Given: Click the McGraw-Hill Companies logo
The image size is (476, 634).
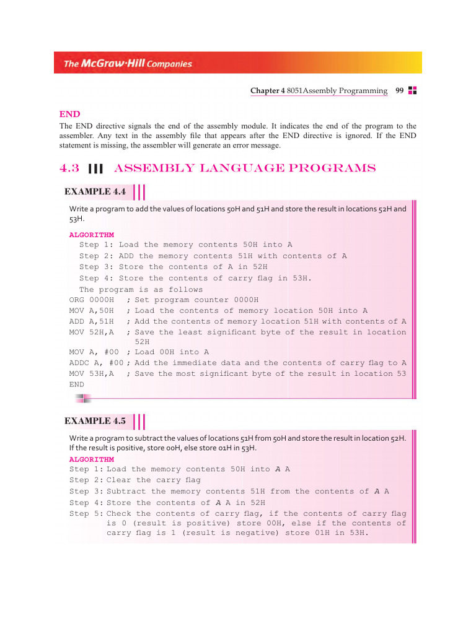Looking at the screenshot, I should [x=128, y=64].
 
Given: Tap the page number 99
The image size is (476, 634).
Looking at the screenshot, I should [x=400, y=91].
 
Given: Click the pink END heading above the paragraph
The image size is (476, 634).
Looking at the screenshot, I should [x=70, y=114].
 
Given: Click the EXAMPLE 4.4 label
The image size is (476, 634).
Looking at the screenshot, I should [x=95, y=192].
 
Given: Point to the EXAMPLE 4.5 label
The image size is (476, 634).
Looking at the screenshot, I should [x=95, y=421].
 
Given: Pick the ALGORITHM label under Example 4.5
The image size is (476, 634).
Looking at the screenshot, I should [x=92, y=459].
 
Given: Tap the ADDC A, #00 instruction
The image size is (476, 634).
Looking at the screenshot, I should [x=95, y=363].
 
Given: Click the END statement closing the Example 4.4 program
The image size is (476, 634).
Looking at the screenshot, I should [x=76, y=384].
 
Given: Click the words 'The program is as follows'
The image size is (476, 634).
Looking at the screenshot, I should [x=141, y=289].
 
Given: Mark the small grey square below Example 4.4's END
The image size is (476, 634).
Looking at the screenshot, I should [x=81, y=399].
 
